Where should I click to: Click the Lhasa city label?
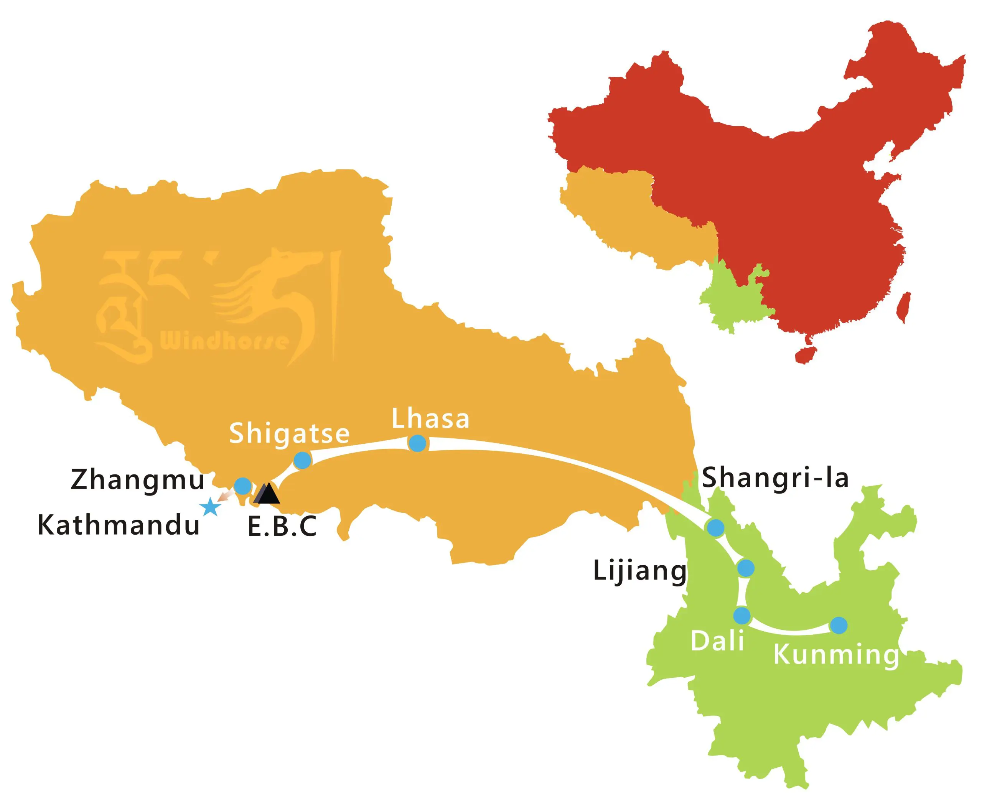pos(430,418)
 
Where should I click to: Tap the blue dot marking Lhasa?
pos(417,443)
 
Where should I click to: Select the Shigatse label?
pos(289,433)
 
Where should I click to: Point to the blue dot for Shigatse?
pos(302,460)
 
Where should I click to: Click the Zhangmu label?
pos(138,480)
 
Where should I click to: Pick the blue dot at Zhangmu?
pos(242,486)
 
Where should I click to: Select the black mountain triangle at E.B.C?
pos(267,494)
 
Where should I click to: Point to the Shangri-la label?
pos(775,478)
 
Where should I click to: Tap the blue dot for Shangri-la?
pos(715,528)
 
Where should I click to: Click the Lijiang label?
pos(640,571)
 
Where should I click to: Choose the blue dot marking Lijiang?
pos(745,568)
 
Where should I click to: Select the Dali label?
pos(717,641)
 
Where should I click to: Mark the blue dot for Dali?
pos(741,616)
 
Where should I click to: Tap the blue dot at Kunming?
pos(839,625)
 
